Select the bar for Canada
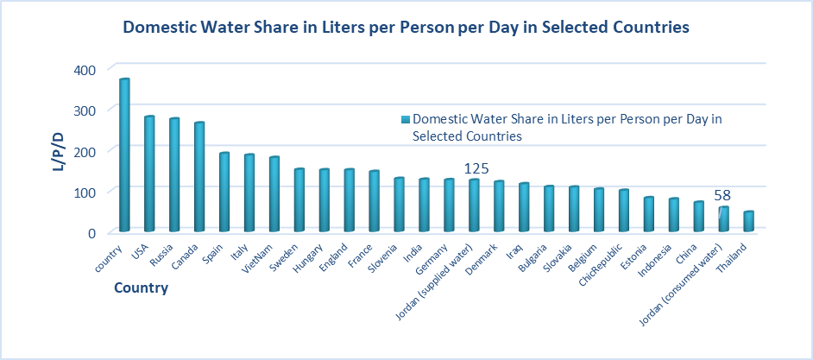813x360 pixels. tap(199, 178)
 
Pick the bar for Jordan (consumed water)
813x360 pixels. tap(724, 219)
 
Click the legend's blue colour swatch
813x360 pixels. tap(405, 120)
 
